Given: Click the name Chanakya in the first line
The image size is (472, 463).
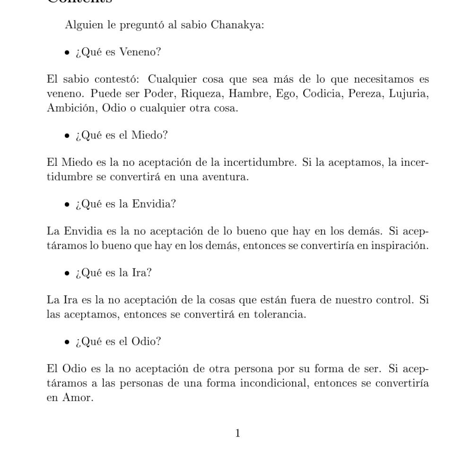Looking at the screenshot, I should pos(237,25).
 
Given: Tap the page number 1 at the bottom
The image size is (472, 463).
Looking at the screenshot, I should pos(238,433).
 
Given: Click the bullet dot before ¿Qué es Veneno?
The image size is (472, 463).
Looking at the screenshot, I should pos(67,52).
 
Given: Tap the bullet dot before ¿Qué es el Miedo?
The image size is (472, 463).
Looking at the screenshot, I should pos(67,136).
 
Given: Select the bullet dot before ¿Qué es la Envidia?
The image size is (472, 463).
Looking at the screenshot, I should pos(67,205).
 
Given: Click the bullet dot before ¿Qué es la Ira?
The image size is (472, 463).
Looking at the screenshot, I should pos(67,274).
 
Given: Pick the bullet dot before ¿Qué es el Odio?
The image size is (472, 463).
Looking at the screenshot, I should pos(67,342).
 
